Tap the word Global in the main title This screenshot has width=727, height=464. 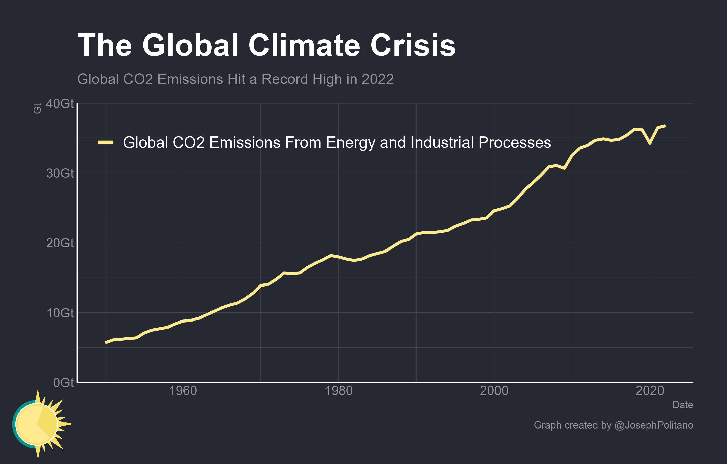tap(190, 45)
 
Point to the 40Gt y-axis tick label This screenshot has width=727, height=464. tap(60, 103)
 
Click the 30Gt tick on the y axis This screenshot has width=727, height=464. tap(60, 173)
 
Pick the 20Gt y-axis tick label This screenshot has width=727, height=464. tap(60, 243)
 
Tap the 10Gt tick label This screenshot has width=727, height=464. tap(60, 313)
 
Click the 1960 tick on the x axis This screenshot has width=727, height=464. tap(183, 391)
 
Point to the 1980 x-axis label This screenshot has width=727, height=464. tap(339, 391)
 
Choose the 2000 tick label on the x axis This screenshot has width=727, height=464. tap(494, 391)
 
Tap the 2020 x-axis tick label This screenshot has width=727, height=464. tap(650, 391)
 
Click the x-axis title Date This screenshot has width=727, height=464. tap(683, 405)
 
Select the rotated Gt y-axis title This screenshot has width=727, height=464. tap(37, 108)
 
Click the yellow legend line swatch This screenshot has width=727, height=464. tap(105, 142)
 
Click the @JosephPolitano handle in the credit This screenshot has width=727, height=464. tap(654, 425)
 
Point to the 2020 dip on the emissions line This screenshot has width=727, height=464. tap(650, 143)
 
